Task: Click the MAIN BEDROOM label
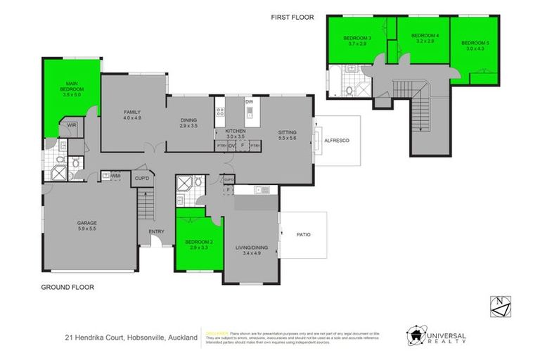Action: [x=71, y=87]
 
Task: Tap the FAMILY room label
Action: [x=133, y=112]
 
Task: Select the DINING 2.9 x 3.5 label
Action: [x=188, y=120]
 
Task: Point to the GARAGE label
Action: [x=87, y=224]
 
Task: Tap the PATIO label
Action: [x=303, y=234]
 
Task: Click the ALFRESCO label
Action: [x=337, y=140]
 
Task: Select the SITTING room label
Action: [x=287, y=132]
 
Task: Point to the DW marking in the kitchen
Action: [x=248, y=102]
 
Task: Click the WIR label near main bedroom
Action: [x=71, y=125]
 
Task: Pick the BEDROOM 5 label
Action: [x=475, y=44]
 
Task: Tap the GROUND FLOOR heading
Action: [x=67, y=287]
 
